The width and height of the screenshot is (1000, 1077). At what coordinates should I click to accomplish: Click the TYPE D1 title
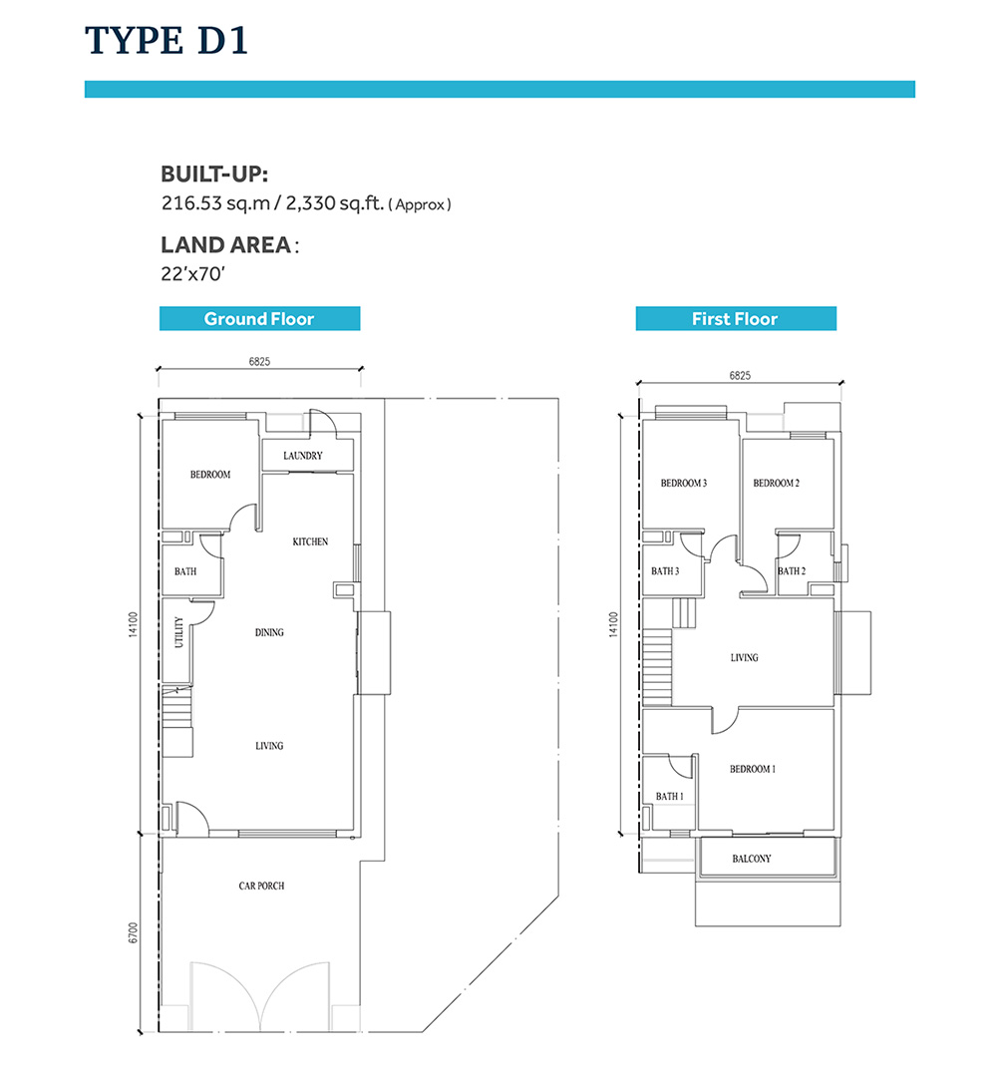click(166, 41)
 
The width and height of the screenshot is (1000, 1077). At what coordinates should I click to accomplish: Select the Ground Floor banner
click(259, 319)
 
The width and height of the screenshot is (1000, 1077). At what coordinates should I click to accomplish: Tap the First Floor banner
click(736, 319)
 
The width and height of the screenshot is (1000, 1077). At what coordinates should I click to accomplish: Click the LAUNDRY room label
click(303, 456)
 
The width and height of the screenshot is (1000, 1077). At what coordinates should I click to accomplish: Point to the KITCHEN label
click(310, 541)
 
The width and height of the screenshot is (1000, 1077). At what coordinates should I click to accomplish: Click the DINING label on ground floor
click(269, 632)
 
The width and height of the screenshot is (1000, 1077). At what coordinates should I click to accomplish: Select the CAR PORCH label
click(261, 886)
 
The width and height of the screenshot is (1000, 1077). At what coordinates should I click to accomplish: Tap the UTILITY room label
click(179, 632)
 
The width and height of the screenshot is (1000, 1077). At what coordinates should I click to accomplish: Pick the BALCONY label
click(752, 858)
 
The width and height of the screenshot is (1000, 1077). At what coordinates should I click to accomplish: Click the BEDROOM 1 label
click(753, 769)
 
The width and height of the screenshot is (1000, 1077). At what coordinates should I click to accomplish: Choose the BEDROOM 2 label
click(776, 483)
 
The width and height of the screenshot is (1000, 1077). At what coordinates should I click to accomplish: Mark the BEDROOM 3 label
click(683, 483)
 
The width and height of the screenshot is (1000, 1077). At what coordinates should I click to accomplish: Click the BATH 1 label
click(670, 796)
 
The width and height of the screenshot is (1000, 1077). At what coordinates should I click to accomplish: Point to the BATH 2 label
click(792, 570)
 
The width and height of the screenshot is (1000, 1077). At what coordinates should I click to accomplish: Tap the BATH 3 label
click(665, 570)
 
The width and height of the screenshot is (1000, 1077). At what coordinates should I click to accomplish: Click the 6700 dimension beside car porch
click(134, 932)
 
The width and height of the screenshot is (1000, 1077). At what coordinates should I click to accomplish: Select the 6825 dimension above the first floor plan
click(740, 375)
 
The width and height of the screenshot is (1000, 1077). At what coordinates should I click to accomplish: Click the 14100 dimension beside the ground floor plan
click(134, 624)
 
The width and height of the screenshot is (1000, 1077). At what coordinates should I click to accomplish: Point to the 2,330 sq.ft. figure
click(334, 203)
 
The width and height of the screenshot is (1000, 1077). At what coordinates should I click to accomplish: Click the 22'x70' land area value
click(193, 274)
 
